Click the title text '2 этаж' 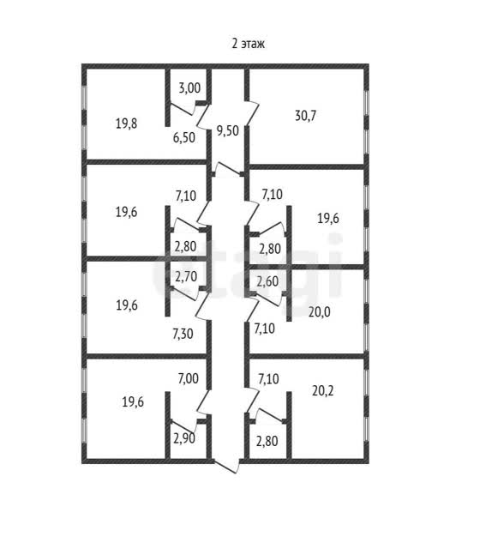(248, 44)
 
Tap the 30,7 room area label (305, 115)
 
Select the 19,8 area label (126, 124)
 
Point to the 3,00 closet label (189, 87)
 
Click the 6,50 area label (183, 137)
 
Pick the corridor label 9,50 (227, 130)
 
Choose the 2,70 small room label (186, 277)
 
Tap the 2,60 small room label (267, 281)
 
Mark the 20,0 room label (319, 311)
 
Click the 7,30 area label (183, 334)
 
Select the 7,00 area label (188, 378)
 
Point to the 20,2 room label (322, 390)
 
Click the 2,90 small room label (184, 438)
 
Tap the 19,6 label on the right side (328, 219)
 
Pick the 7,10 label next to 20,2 (268, 379)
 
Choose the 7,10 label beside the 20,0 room (264, 329)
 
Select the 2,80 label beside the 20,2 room (267, 441)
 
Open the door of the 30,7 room (253, 112)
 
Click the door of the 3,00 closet (182, 109)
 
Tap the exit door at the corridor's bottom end (227, 467)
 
